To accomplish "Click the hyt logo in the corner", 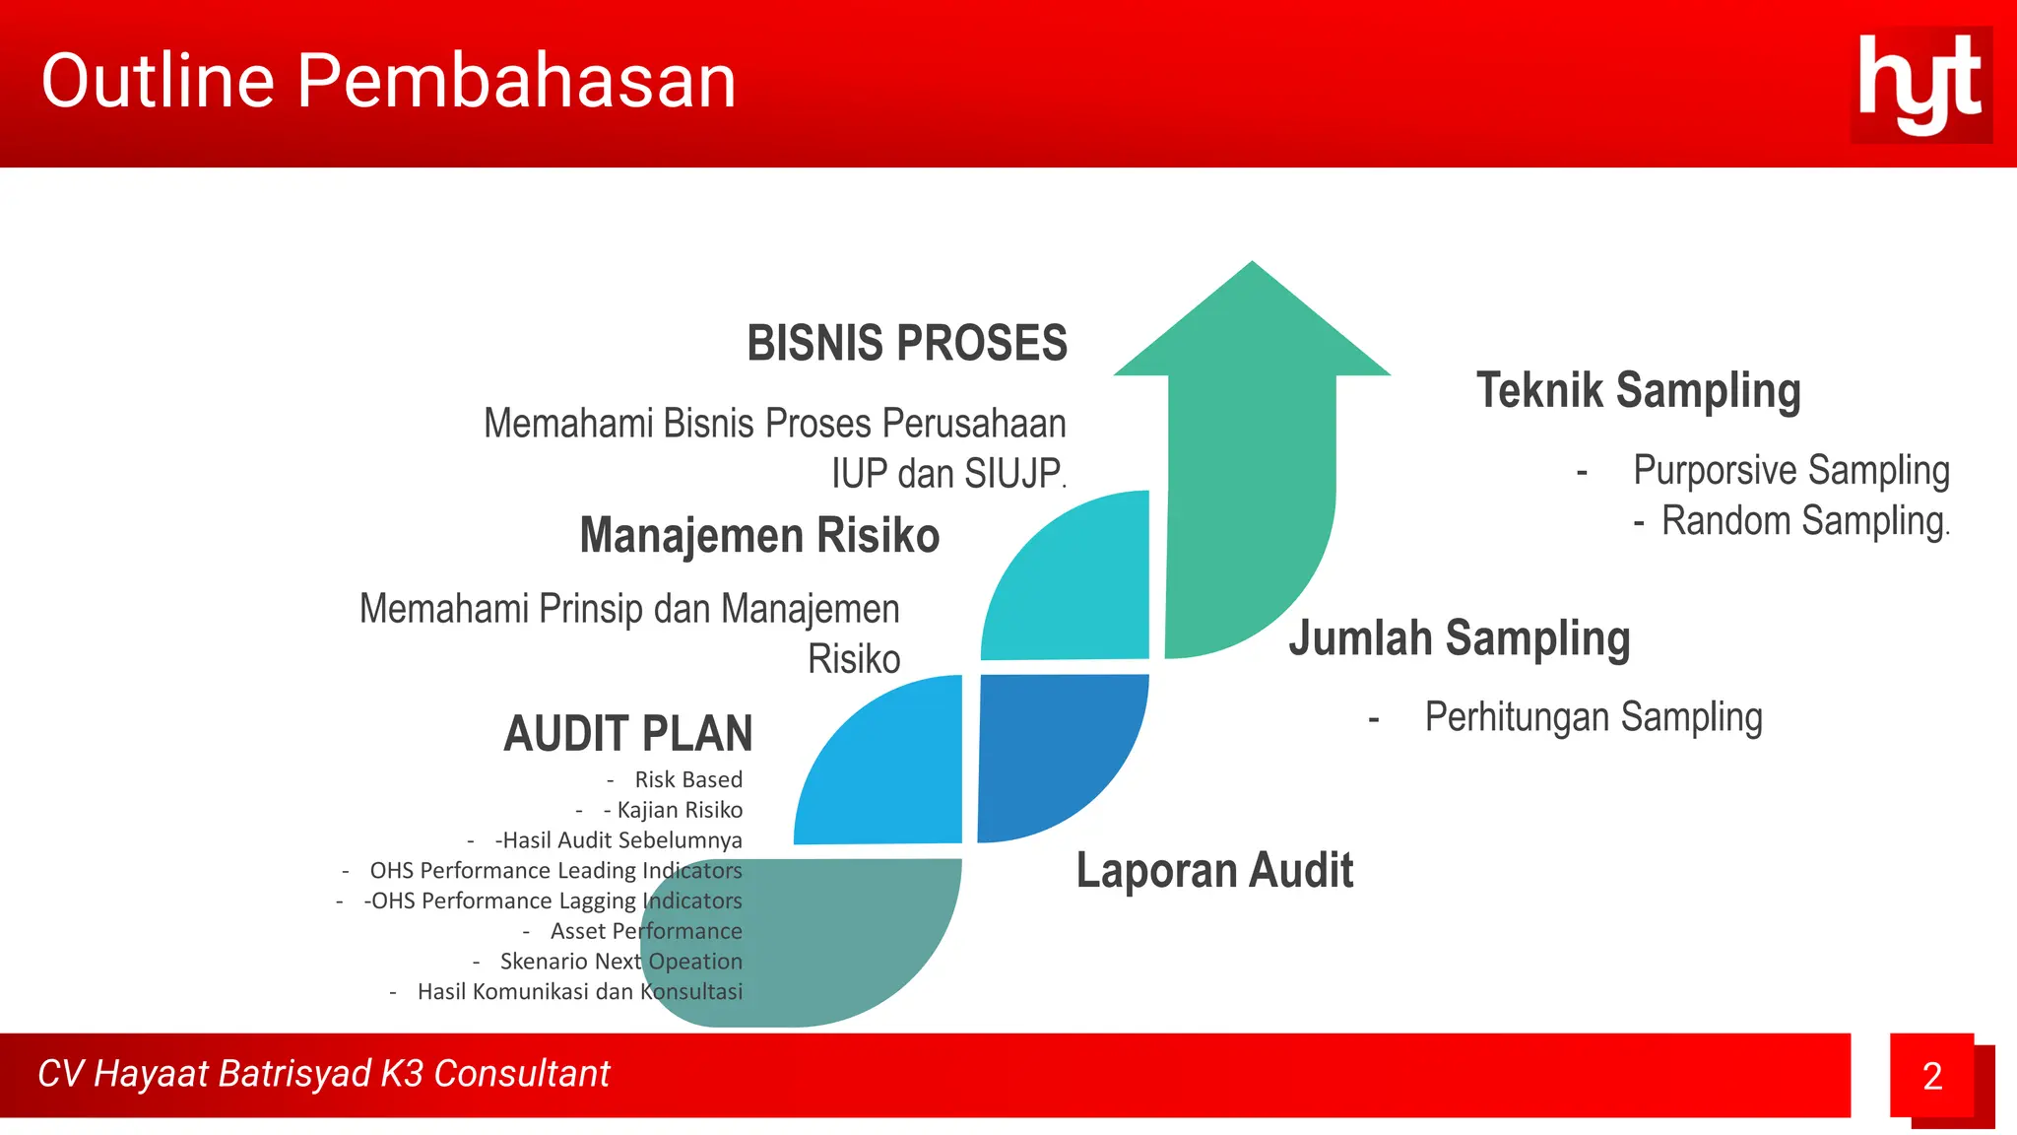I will (x=1920, y=85).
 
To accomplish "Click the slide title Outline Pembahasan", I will (x=389, y=81).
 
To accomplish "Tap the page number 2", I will (x=1931, y=1076).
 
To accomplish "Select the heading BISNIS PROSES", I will (x=906, y=344).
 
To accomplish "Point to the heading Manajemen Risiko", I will (x=759, y=536).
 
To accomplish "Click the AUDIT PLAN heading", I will (x=627, y=734).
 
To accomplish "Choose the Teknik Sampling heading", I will (x=1638, y=390).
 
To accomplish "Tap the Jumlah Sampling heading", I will (x=1459, y=638).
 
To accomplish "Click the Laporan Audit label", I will (x=1214, y=871).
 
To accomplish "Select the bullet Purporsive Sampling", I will (x=1790, y=470).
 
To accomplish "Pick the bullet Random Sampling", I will (x=1804, y=521).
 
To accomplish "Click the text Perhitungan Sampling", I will (x=1593, y=717).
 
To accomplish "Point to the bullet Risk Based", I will (x=687, y=779).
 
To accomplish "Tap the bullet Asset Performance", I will (x=645, y=931).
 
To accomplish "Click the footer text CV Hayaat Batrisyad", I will (x=323, y=1074).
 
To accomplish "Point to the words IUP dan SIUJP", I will (x=947, y=474).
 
